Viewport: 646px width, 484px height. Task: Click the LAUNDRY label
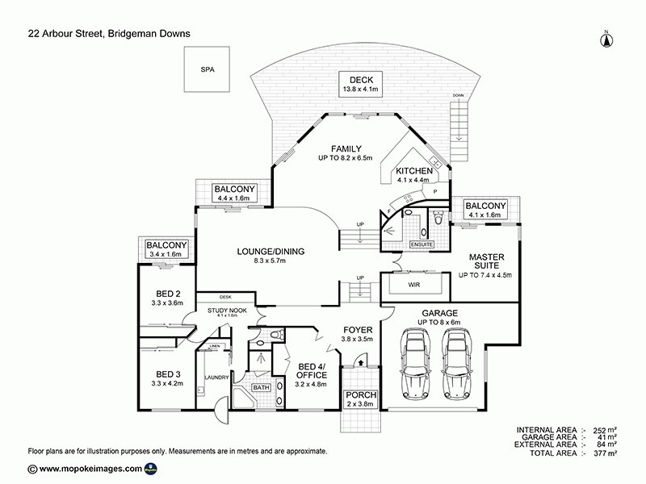pyautogui.click(x=218, y=377)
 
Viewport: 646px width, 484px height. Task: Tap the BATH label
pyautogui.click(x=260, y=388)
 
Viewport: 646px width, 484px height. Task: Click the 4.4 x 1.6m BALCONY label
pyautogui.click(x=234, y=192)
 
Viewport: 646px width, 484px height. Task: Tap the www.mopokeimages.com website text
pyautogui.click(x=90, y=469)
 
